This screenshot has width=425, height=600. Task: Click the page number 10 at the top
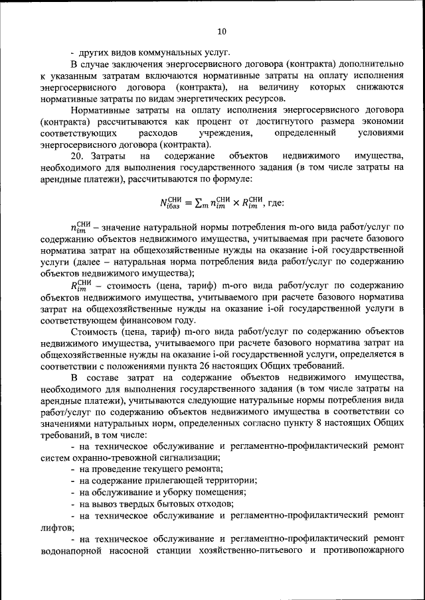[x=222, y=31]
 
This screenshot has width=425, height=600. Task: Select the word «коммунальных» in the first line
[x=169, y=52]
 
